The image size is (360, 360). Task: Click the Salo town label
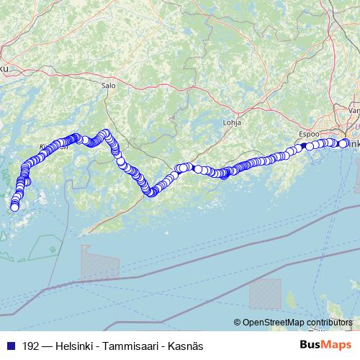109,84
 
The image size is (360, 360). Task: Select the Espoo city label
308,134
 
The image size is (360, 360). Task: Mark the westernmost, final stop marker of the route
14,208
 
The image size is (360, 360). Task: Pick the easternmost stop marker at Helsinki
344,143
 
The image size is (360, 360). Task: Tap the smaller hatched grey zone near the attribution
265,294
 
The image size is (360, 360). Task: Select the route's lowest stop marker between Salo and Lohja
150,192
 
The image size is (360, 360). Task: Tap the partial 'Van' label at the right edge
354,111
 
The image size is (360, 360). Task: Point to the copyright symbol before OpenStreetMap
238,323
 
